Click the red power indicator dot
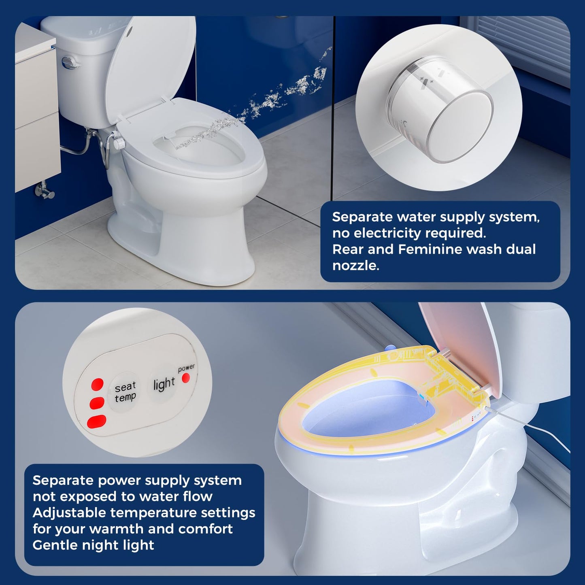pos(185,378)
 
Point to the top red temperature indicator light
pos(97,384)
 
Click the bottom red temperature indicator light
pos(97,421)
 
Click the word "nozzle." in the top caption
pos(355,266)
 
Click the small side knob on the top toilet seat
pos(119,143)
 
